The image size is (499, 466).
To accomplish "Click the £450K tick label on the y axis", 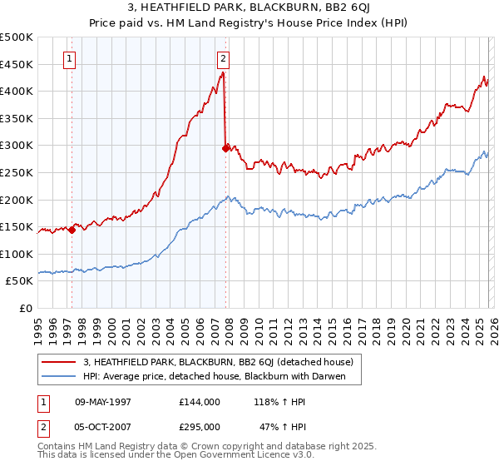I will [x=17, y=64].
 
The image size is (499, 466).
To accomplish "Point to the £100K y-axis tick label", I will [x=17, y=254].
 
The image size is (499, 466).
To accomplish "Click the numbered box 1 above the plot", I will [x=69, y=59].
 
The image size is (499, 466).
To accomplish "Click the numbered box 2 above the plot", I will [x=224, y=59].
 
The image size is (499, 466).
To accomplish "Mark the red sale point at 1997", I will [x=72, y=231].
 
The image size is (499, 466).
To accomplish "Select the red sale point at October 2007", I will [x=225, y=148].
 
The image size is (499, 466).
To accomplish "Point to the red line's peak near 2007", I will [x=223, y=73].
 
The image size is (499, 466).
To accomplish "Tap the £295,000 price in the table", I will [x=200, y=426].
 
